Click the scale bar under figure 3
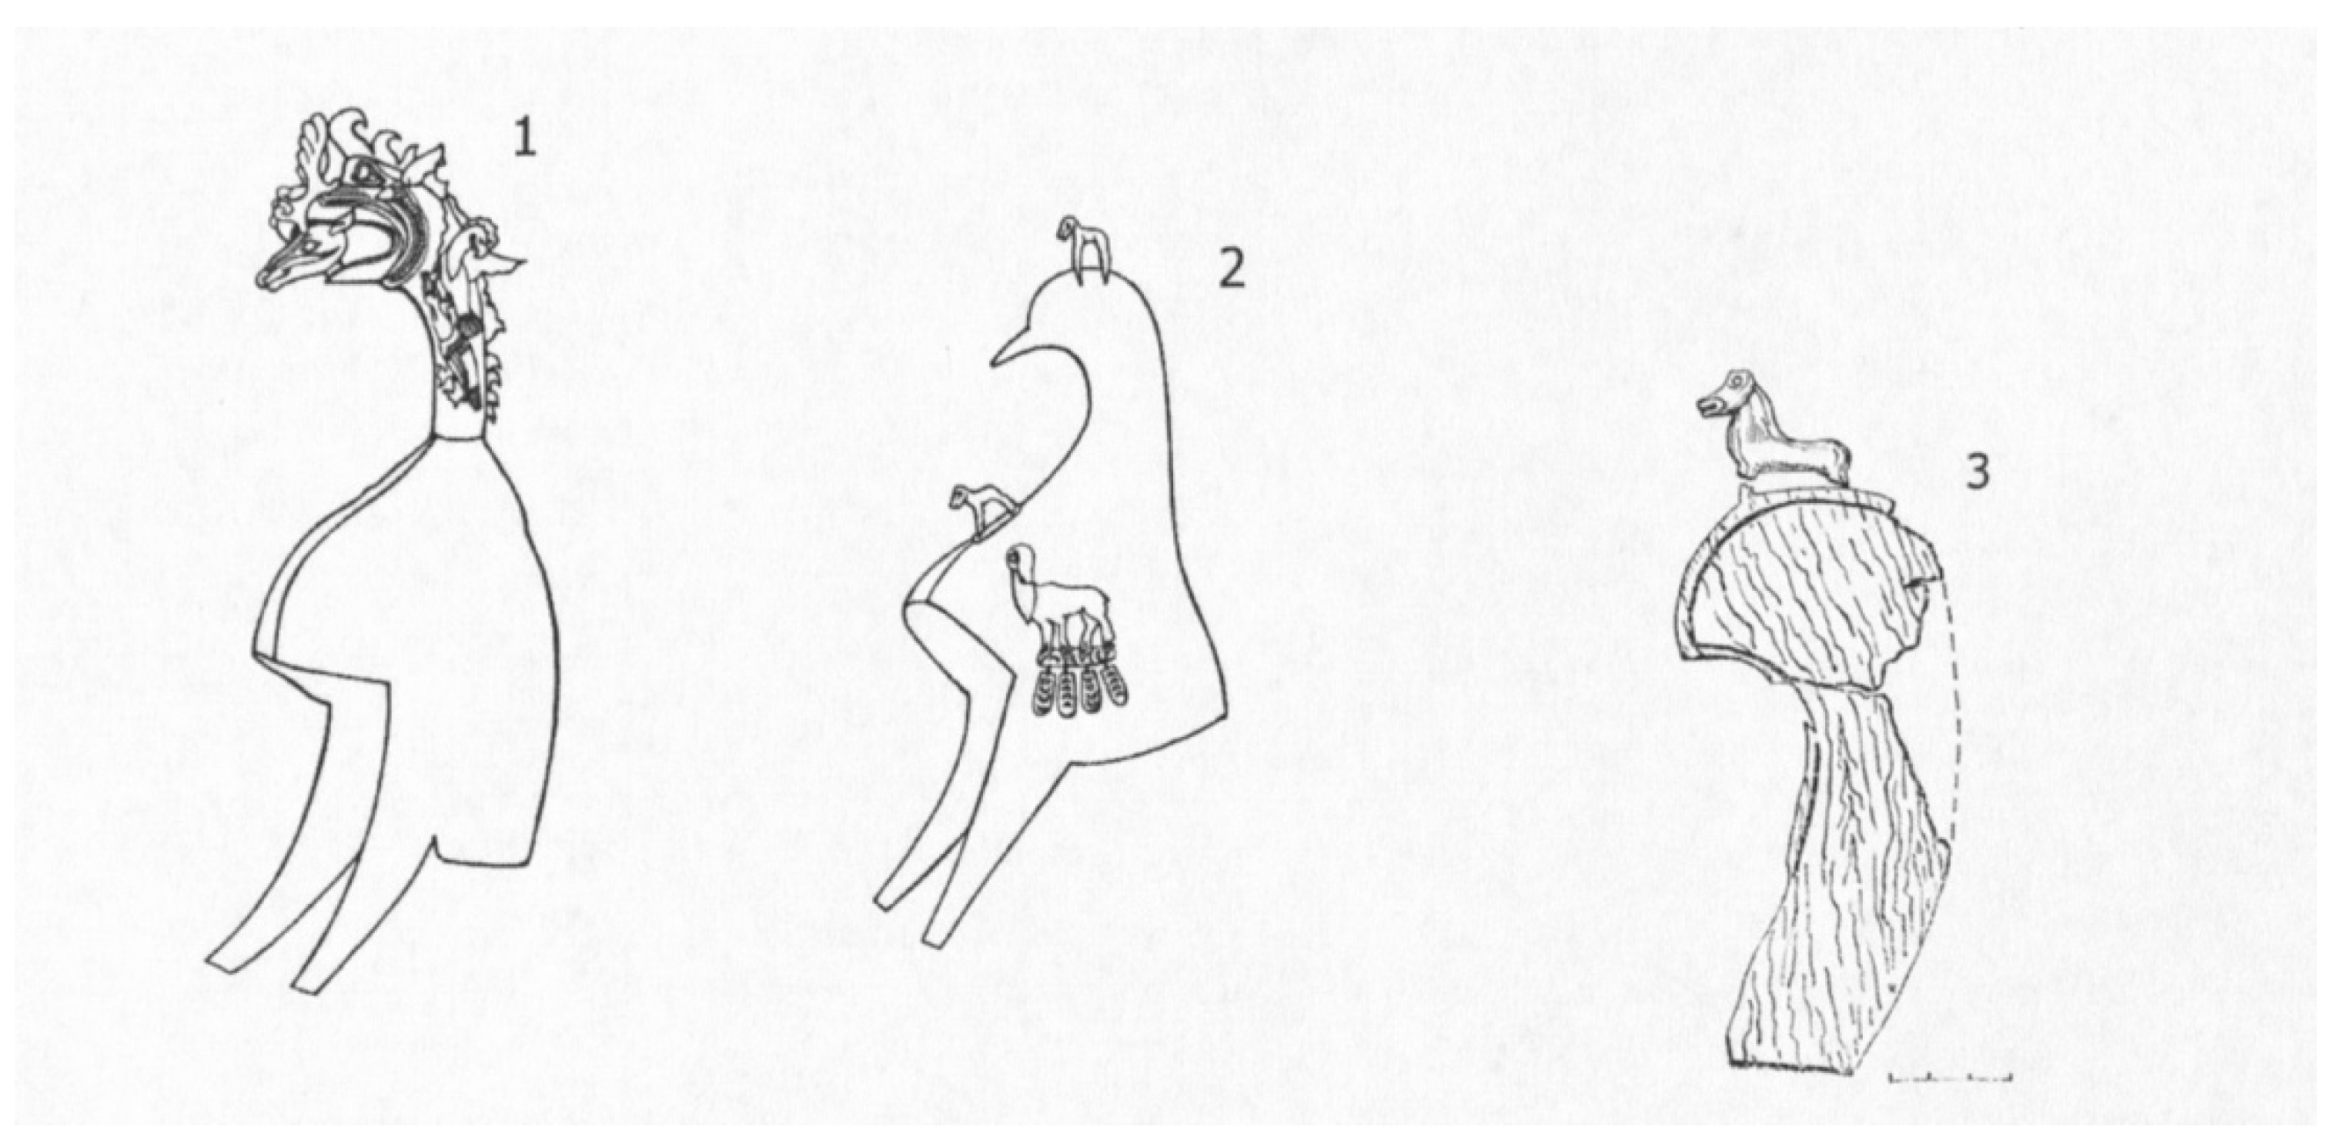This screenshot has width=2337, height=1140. coord(1951,1078)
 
